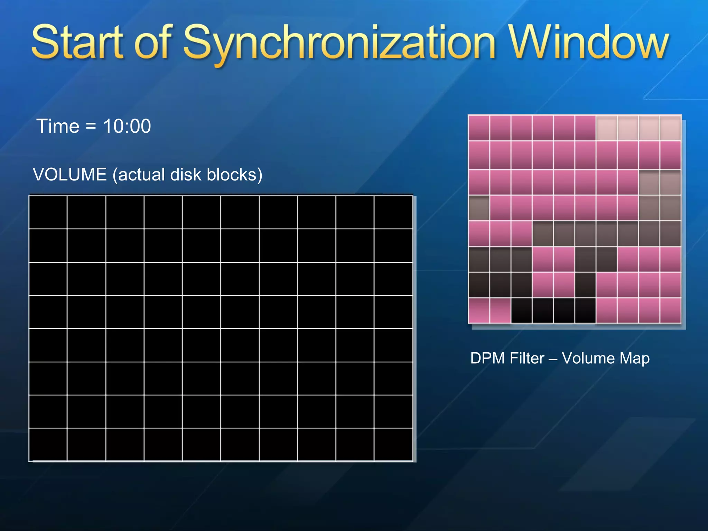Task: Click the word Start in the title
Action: pos(77,43)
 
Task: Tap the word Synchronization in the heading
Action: pos(339,43)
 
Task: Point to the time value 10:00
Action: pos(127,126)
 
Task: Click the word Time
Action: pos(58,126)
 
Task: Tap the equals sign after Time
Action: pos(91,126)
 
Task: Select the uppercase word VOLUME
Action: pos(69,175)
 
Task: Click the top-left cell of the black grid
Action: pos(48,212)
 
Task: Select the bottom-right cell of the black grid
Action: pos(393,445)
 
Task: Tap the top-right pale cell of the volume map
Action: pos(670,128)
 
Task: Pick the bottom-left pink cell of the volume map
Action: pos(479,310)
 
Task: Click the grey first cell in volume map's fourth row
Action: pos(479,208)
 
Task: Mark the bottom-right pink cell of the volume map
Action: pos(670,310)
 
